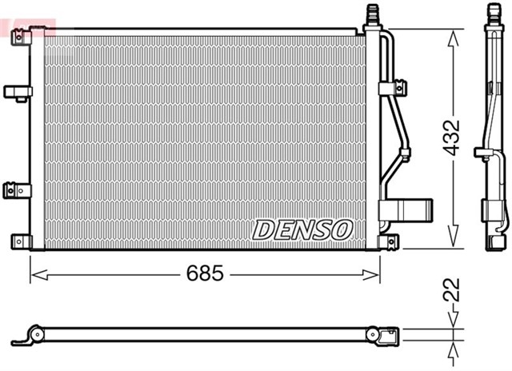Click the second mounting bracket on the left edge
[x=14, y=93]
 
